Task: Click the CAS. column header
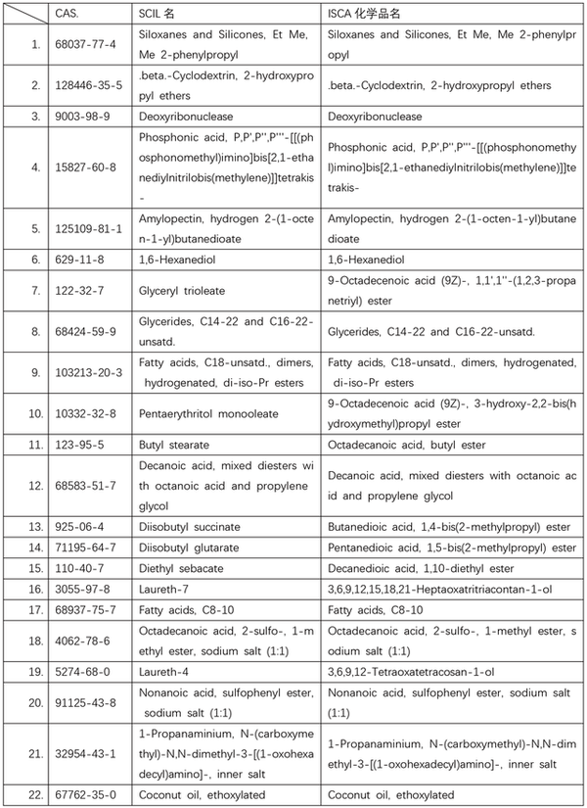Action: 68,16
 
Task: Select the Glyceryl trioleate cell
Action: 186,291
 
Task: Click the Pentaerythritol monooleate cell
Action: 207,413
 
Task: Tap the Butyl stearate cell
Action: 173,445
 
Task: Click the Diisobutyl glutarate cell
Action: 188,547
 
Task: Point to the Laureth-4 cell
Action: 161,672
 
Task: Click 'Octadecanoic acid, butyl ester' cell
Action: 405,445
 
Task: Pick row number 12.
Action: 35,486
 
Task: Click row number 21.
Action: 35,753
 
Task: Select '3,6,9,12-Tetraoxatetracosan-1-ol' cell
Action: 411,672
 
